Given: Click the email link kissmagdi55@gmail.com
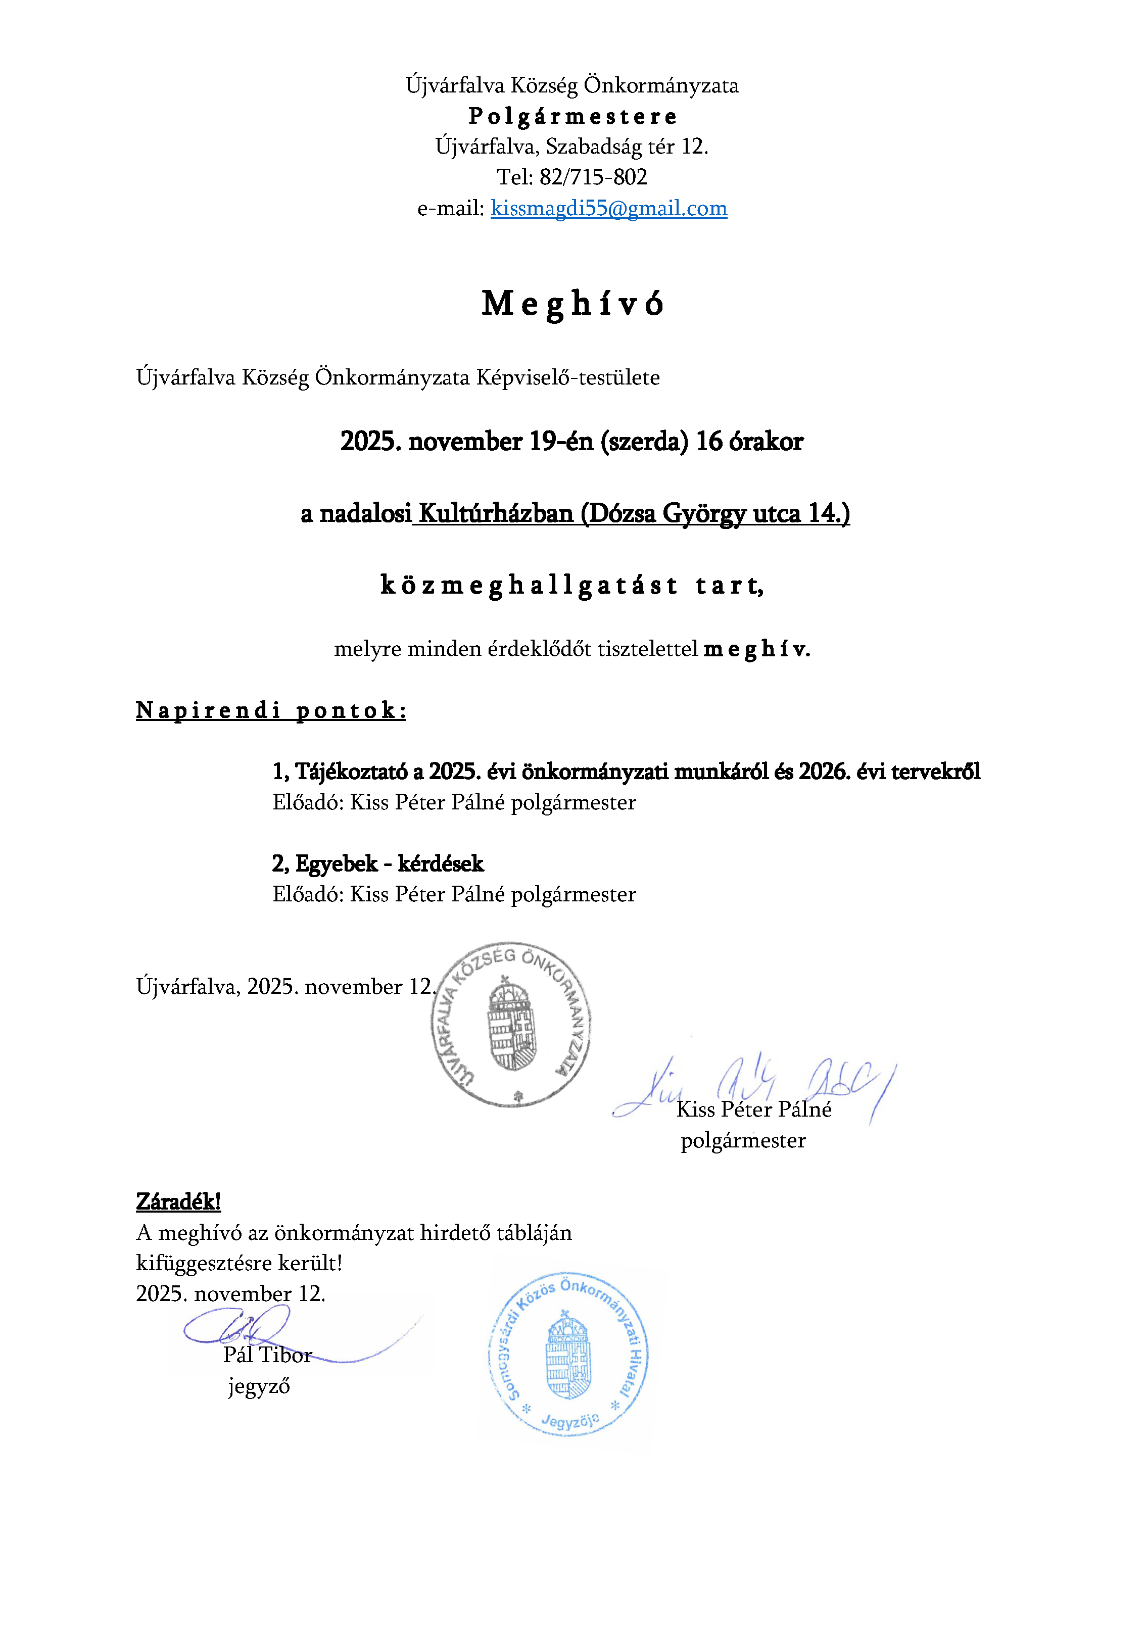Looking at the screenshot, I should (x=608, y=208).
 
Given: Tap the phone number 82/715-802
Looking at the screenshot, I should (x=593, y=177).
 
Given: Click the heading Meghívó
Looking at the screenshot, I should (x=572, y=304).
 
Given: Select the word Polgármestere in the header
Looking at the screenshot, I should (x=572, y=116).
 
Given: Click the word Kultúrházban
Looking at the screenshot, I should (x=496, y=513).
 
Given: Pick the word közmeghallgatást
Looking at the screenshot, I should (x=529, y=586).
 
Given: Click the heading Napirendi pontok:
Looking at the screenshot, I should (x=271, y=710).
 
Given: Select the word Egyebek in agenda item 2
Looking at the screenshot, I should (x=337, y=863).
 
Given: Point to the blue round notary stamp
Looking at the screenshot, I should (x=568, y=1353).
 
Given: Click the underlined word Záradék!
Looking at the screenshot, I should (x=178, y=1201).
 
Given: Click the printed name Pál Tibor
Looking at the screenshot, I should (x=267, y=1355).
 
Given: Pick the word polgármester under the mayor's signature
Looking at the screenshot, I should (x=743, y=1141).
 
